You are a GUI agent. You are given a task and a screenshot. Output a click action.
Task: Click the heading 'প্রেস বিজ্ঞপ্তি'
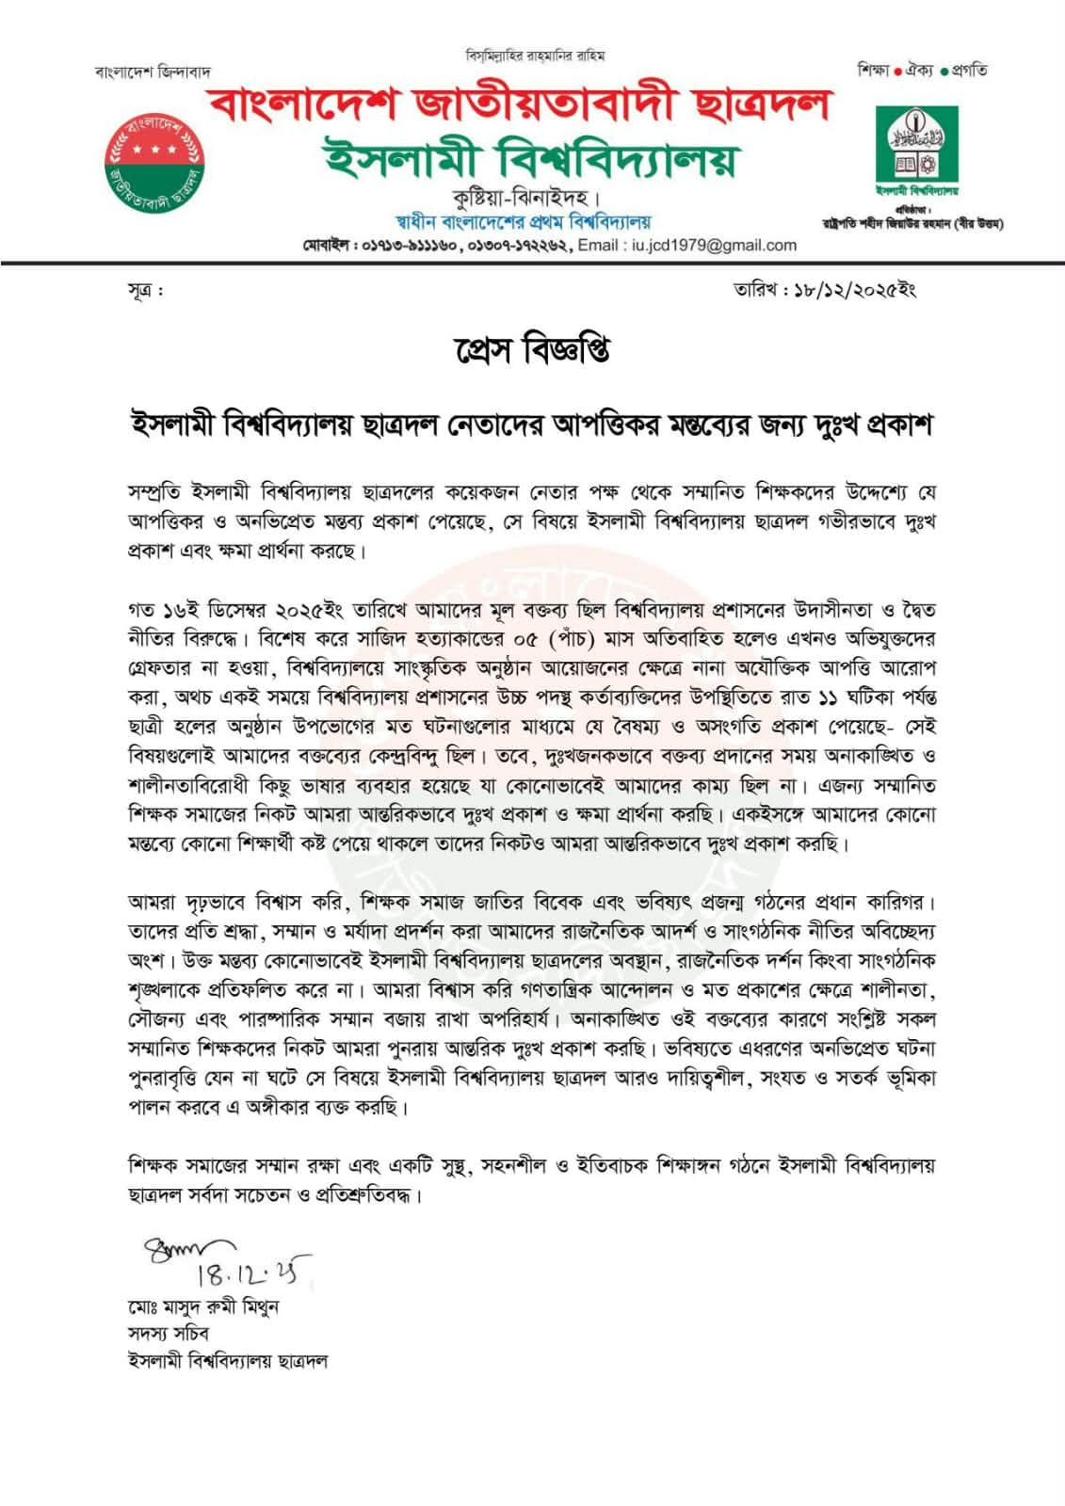coord(532,351)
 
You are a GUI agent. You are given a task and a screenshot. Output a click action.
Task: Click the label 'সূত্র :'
coord(145,290)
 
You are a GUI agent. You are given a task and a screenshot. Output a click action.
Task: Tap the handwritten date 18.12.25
coord(253,1273)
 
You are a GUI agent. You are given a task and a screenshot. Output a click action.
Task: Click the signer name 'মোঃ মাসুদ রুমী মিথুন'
coord(203,1307)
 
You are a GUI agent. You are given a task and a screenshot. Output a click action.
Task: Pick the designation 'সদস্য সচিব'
coord(169,1334)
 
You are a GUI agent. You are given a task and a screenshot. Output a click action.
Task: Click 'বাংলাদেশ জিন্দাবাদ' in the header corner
coord(153,72)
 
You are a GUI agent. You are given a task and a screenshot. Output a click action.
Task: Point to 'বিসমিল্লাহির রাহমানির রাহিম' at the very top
coord(535,55)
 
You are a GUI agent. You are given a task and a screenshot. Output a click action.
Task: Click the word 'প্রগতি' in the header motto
coord(970,70)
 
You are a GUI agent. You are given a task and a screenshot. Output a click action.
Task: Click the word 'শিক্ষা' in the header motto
coord(873,70)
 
